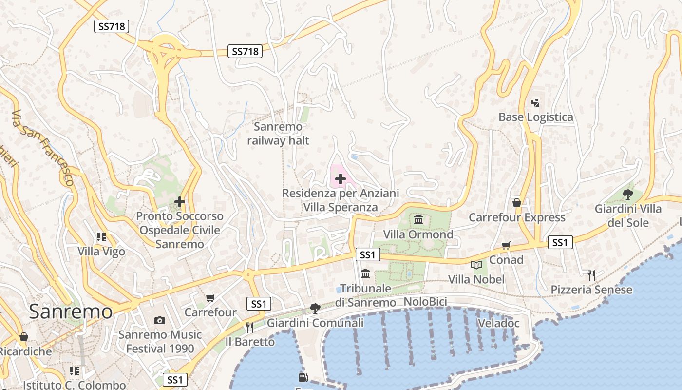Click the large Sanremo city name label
tap(71, 312)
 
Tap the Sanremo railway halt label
tap(278, 134)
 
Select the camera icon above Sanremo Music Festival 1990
tap(160, 320)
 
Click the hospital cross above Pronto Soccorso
tap(180, 201)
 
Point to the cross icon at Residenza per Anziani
tap(341, 179)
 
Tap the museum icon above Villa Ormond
tap(418, 219)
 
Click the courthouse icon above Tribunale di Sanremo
tap(365, 273)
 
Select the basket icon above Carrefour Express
tap(517, 202)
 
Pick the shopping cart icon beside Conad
tap(506, 245)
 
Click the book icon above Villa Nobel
tap(476, 265)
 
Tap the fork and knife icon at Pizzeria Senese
tap(591, 275)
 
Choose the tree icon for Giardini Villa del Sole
tap(628, 194)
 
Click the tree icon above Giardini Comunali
tap(315, 308)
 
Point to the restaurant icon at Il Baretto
tap(250, 327)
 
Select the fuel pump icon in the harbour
tap(303, 377)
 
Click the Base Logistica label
tap(536, 117)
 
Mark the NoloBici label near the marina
tap(425, 302)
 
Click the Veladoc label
tap(498, 323)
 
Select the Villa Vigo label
tap(101, 252)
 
